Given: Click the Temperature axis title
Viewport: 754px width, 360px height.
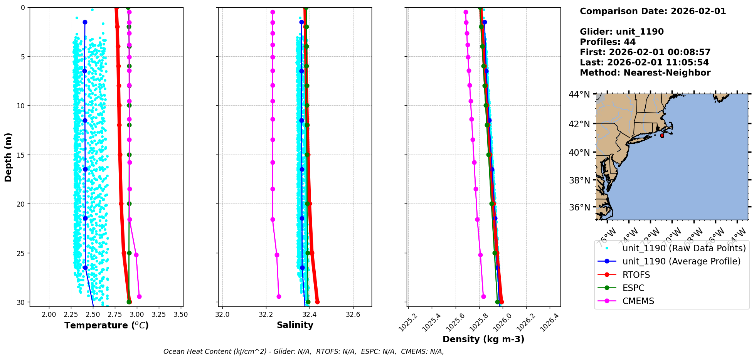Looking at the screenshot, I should [x=106, y=325].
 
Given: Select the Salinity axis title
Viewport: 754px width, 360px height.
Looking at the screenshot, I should [x=295, y=325].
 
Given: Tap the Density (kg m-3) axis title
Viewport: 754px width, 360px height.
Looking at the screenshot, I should [x=483, y=339].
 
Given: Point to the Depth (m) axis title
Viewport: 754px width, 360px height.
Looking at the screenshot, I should [x=8, y=157].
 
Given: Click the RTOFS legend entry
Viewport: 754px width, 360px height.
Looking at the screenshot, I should [x=636, y=275].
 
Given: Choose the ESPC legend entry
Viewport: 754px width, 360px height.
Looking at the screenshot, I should [x=633, y=288].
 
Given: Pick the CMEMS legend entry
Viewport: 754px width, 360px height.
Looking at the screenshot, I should [x=638, y=301].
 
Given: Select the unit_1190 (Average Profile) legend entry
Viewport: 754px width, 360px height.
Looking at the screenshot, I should [x=681, y=261].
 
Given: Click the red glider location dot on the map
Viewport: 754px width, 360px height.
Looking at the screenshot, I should [x=662, y=136].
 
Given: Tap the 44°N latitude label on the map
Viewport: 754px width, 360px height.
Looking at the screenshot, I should [x=579, y=94].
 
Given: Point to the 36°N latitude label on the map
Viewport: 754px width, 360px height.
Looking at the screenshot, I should [x=579, y=207].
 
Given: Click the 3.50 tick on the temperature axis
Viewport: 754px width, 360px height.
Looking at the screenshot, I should [x=181, y=315].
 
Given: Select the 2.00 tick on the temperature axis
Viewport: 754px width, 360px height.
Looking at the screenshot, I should [x=49, y=315].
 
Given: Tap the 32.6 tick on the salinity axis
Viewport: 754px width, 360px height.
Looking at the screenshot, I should [x=353, y=315].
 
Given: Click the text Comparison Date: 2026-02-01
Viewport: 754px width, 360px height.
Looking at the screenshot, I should [x=653, y=11].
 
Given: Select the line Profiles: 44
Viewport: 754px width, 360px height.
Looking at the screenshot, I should [x=608, y=42].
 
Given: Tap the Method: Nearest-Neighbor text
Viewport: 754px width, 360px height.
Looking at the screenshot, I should [x=645, y=73].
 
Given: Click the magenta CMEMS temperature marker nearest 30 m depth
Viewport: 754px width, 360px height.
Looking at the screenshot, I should [x=139, y=296].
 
